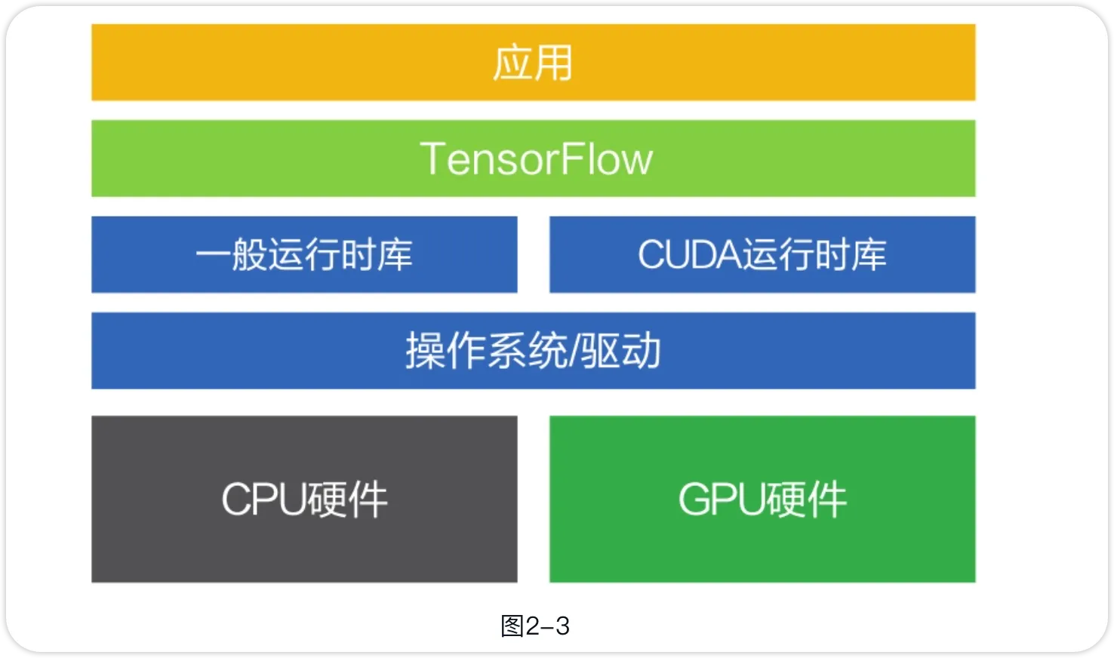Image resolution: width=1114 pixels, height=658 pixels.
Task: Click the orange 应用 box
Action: click(533, 62)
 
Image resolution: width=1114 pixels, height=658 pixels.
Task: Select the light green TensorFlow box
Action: click(533, 158)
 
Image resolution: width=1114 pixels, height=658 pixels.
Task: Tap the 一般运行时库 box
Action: click(304, 254)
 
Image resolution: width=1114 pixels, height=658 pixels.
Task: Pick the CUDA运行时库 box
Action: click(762, 254)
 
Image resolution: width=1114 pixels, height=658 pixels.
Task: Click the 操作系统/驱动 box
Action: click(533, 351)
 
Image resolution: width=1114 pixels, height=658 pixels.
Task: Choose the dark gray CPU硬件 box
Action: click(304, 499)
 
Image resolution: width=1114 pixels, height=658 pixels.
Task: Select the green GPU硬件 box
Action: click(762, 499)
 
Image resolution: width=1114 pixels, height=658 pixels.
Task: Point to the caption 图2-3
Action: click(535, 626)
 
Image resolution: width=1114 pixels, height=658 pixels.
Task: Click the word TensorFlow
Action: click(536, 158)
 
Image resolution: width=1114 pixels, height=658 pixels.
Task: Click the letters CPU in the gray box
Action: click(263, 500)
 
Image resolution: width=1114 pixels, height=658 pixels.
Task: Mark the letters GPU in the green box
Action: click(721, 500)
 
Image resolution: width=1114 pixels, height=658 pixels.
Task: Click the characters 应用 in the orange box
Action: click(533, 63)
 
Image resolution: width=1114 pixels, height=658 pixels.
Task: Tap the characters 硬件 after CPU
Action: click(346, 500)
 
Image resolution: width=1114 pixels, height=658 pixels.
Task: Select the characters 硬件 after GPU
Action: click(805, 500)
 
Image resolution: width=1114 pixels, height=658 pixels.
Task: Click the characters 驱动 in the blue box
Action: click(621, 351)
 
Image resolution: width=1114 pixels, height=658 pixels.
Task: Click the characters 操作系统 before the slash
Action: click(486, 351)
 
